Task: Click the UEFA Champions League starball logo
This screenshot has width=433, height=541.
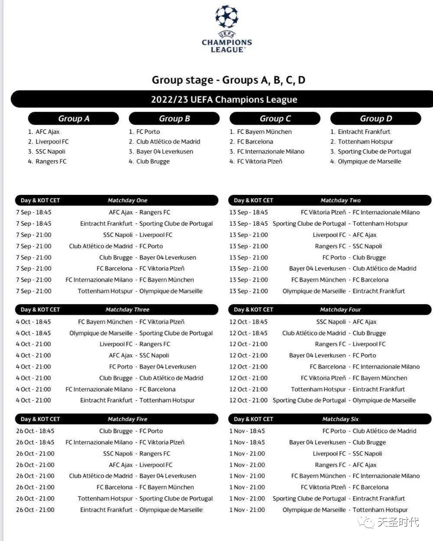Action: tap(227, 17)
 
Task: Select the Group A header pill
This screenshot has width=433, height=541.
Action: tap(74, 119)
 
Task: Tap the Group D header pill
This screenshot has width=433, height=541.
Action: tap(376, 119)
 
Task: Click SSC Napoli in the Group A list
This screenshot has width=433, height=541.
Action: tap(50, 152)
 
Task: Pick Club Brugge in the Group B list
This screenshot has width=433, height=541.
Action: tap(153, 162)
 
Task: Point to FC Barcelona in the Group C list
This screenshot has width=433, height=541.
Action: tap(255, 142)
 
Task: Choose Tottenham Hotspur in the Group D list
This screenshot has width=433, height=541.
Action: tap(365, 142)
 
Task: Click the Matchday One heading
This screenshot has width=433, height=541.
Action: tap(127, 201)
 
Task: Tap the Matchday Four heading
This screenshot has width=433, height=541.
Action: tap(340, 310)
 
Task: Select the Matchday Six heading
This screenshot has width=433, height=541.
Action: tap(340, 419)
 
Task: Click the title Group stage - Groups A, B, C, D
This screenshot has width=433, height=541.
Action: tap(228, 80)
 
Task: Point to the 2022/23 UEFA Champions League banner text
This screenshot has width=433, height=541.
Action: tap(224, 100)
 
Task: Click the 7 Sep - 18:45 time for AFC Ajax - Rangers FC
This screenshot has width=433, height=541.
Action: tap(34, 213)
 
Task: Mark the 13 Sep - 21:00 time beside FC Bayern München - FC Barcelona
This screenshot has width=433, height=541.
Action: tap(249, 280)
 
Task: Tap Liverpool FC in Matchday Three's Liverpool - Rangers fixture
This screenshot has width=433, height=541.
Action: tap(116, 344)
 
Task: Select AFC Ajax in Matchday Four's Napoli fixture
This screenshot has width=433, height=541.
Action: tap(365, 322)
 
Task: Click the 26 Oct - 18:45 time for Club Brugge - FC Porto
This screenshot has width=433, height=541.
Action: tap(36, 431)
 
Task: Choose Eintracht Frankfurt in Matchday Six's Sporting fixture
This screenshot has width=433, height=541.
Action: tap(379, 499)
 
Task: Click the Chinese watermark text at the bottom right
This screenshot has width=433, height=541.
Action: tap(398, 522)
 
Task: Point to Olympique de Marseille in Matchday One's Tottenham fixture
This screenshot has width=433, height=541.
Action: tap(171, 292)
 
